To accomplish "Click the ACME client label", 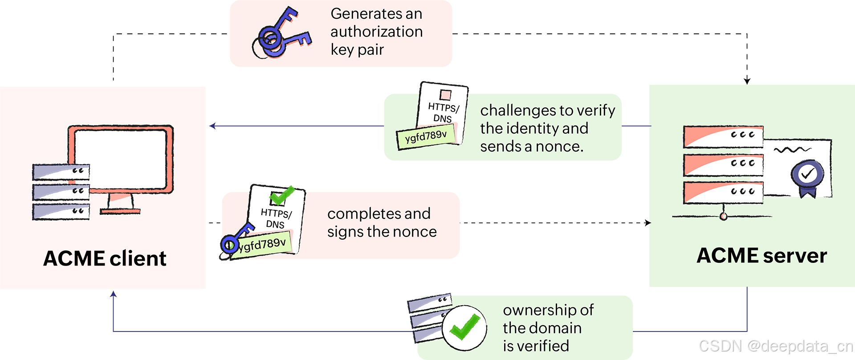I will click(x=105, y=258).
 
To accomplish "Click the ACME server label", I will click(x=762, y=256).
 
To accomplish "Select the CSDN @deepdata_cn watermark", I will click(x=775, y=346).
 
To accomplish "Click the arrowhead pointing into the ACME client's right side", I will click(x=213, y=126).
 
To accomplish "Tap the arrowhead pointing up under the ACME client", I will click(x=114, y=294).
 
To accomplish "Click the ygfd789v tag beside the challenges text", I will click(x=426, y=136).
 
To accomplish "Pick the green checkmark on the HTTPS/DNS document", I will click(x=282, y=195).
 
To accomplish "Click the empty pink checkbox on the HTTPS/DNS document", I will click(x=445, y=94).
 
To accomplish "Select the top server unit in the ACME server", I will click(x=723, y=137).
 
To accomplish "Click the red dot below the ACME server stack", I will click(x=724, y=217).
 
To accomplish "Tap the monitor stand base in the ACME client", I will click(x=120, y=211).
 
